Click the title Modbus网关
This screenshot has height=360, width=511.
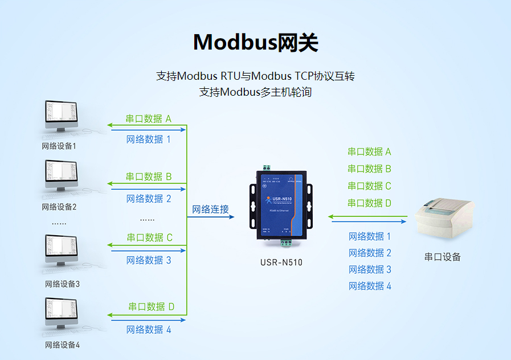point(255,43)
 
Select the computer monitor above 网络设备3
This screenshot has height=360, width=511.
point(61,251)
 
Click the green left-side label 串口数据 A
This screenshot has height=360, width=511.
point(149,119)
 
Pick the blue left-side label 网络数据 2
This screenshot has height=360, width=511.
point(149,199)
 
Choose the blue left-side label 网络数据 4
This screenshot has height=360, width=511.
point(149,329)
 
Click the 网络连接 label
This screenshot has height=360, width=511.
point(210,209)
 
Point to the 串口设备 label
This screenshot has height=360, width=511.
point(443,257)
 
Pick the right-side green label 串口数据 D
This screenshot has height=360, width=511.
point(370,203)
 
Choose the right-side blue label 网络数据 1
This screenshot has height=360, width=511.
point(370,236)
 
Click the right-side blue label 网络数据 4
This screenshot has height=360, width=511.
point(370,286)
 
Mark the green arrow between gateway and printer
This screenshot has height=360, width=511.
point(367,216)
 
